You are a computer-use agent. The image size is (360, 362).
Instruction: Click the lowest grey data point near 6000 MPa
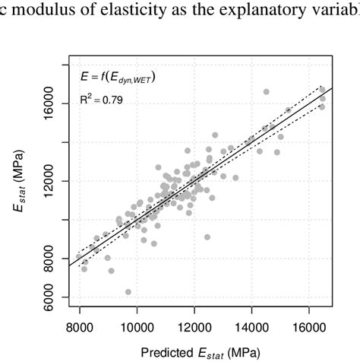pyautogui.click(x=128, y=292)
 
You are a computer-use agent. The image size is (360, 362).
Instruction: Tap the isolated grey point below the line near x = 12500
pyautogui.click(x=207, y=237)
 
